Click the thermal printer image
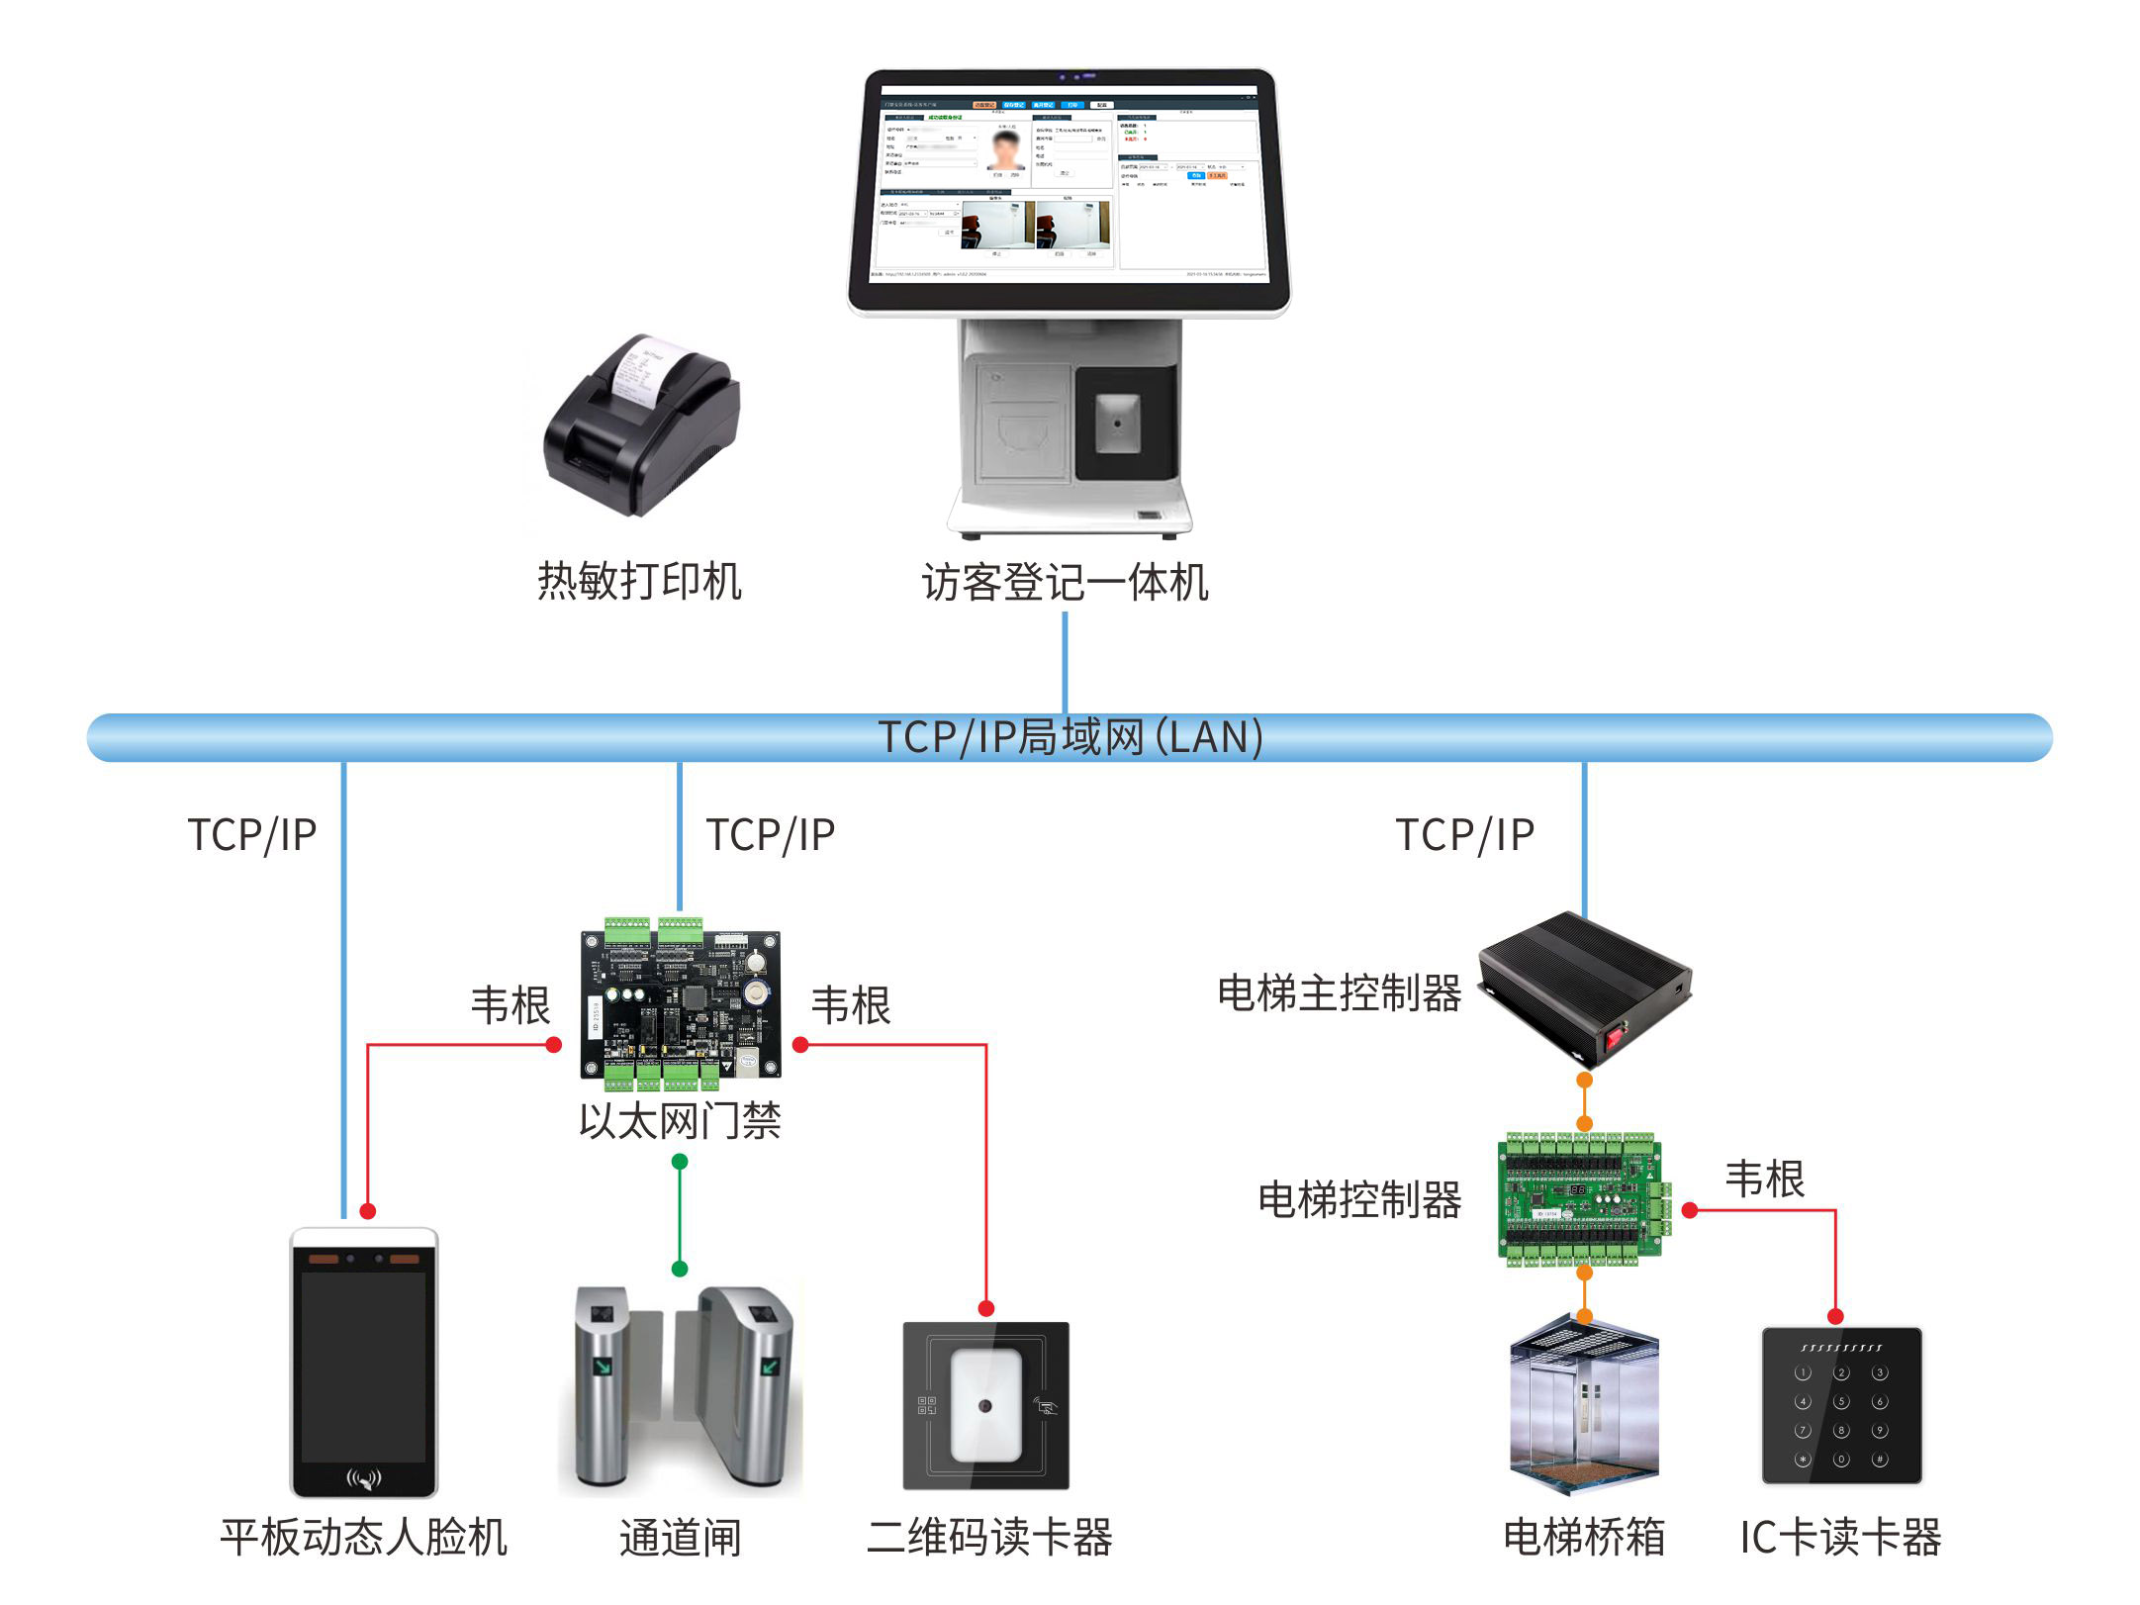pyautogui.click(x=641, y=425)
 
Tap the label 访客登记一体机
pyautogui.click(x=1065, y=582)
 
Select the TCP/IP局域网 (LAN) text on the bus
pyautogui.click(x=1070, y=737)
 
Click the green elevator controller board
pyautogui.click(x=1582, y=1198)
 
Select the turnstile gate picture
pyautogui.click(x=681, y=1385)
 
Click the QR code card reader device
pyautogui.click(x=985, y=1405)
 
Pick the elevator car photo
pyautogui.click(x=1584, y=1404)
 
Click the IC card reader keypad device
pyautogui.click(x=1841, y=1405)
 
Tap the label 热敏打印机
pyautogui.click(x=639, y=581)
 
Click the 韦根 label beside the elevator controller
pyautogui.click(x=1764, y=1179)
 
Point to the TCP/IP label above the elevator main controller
pyautogui.click(x=1464, y=835)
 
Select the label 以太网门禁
pyautogui.click(x=680, y=1121)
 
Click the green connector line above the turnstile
pyautogui.click(x=680, y=1215)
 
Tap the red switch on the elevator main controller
pyautogui.click(x=1615, y=1036)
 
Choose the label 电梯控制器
pyautogui.click(x=1359, y=1199)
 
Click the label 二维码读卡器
pyautogui.click(x=989, y=1538)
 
